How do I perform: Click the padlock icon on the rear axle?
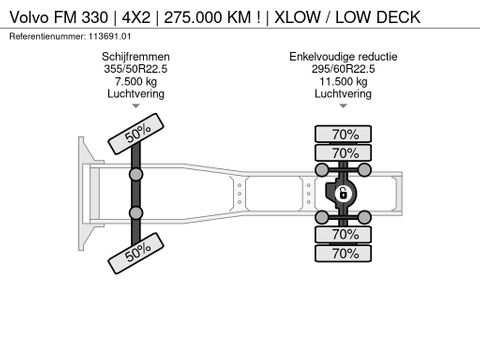(341, 193)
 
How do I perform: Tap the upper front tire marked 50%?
(138, 134)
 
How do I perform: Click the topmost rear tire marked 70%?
(345, 133)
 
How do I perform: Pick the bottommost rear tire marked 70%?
(345, 254)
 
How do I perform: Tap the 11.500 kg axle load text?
(343, 81)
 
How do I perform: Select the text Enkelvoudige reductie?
(343, 56)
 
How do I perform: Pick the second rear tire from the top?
(345, 153)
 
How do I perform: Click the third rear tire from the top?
(345, 234)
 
